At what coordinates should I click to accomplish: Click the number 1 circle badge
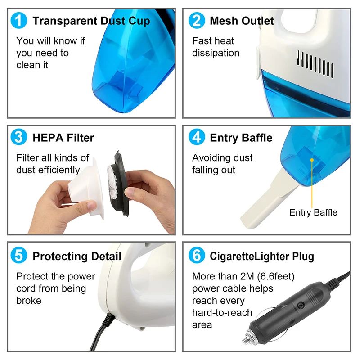pyautogui.click(x=19, y=21)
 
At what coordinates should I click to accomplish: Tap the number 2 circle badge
pyautogui.click(x=197, y=21)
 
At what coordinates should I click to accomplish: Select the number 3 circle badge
pyautogui.click(x=19, y=137)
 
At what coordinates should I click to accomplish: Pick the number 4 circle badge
pyautogui.click(x=197, y=137)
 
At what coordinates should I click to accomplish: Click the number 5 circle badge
pyautogui.click(x=19, y=256)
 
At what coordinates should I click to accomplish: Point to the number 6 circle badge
pyautogui.click(x=197, y=256)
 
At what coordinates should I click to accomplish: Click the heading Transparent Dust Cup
pyautogui.click(x=91, y=21)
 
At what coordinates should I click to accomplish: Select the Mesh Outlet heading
pyautogui.click(x=242, y=21)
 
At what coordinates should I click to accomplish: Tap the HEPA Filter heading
pyautogui.click(x=63, y=137)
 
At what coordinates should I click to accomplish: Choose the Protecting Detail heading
pyautogui.click(x=77, y=256)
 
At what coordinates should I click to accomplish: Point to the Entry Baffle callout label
pyautogui.click(x=313, y=212)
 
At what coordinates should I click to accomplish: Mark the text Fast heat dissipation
pyautogui.click(x=216, y=47)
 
